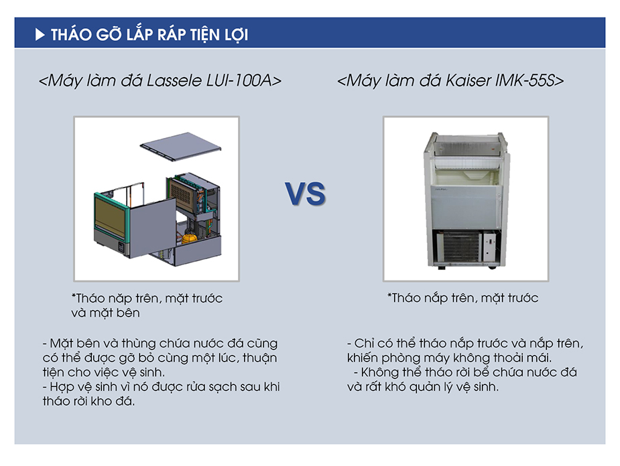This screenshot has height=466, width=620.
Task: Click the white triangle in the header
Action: pyautogui.click(x=40, y=35)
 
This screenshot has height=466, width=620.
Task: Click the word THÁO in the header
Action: pyautogui.click(x=71, y=34)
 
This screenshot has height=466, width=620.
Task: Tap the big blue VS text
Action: pyautogui.click(x=305, y=194)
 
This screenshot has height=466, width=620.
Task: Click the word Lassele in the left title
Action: pyautogui.click(x=174, y=80)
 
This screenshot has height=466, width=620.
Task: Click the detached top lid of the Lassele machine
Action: pyautogui.click(x=181, y=146)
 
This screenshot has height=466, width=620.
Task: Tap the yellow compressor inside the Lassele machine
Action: pyautogui.click(x=189, y=238)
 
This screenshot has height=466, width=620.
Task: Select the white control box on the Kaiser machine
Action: pyautogui.click(x=490, y=246)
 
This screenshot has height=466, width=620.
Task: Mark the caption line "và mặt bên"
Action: pyautogui.click(x=106, y=313)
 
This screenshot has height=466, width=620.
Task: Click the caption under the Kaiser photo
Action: pyautogui.click(x=463, y=298)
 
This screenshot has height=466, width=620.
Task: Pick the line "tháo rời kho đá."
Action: pyautogui.click(x=88, y=401)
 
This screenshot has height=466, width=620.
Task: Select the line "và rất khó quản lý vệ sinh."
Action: pyautogui.click(x=423, y=387)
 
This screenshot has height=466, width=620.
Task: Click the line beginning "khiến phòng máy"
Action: pyautogui.click(x=449, y=358)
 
